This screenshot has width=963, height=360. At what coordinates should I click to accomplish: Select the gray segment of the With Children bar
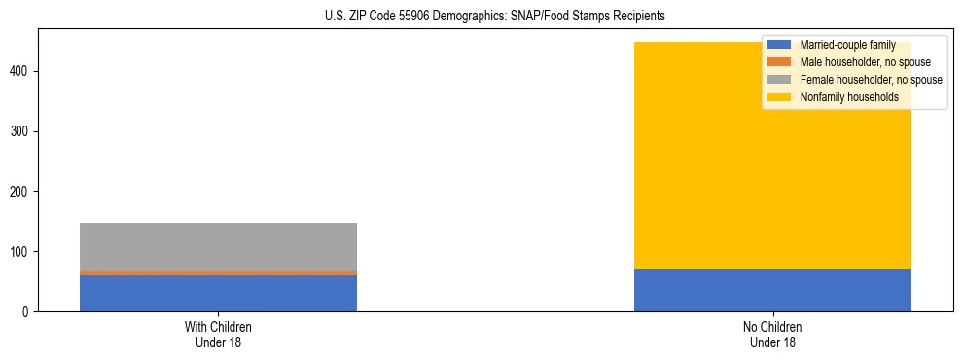(x=218, y=247)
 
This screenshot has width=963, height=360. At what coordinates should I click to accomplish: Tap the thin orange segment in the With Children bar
(x=218, y=273)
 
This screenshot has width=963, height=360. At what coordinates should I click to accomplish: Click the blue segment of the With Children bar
(x=218, y=293)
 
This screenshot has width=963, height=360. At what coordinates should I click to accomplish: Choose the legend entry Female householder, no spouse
(x=871, y=80)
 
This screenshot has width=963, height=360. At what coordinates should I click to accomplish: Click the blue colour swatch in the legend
(x=779, y=45)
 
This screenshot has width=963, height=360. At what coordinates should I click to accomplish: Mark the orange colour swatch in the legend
(x=779, y=62)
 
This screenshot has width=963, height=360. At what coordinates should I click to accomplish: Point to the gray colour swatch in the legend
(x=779, y=80)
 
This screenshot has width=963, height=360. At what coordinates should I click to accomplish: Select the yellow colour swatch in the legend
(x=779, y=97)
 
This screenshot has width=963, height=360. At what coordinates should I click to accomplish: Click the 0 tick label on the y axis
(x=27, y=312)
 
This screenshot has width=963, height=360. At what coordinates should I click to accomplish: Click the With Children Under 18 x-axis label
(x=218, y=335)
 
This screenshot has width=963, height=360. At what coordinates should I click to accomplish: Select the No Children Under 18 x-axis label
(x=772, y=335)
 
